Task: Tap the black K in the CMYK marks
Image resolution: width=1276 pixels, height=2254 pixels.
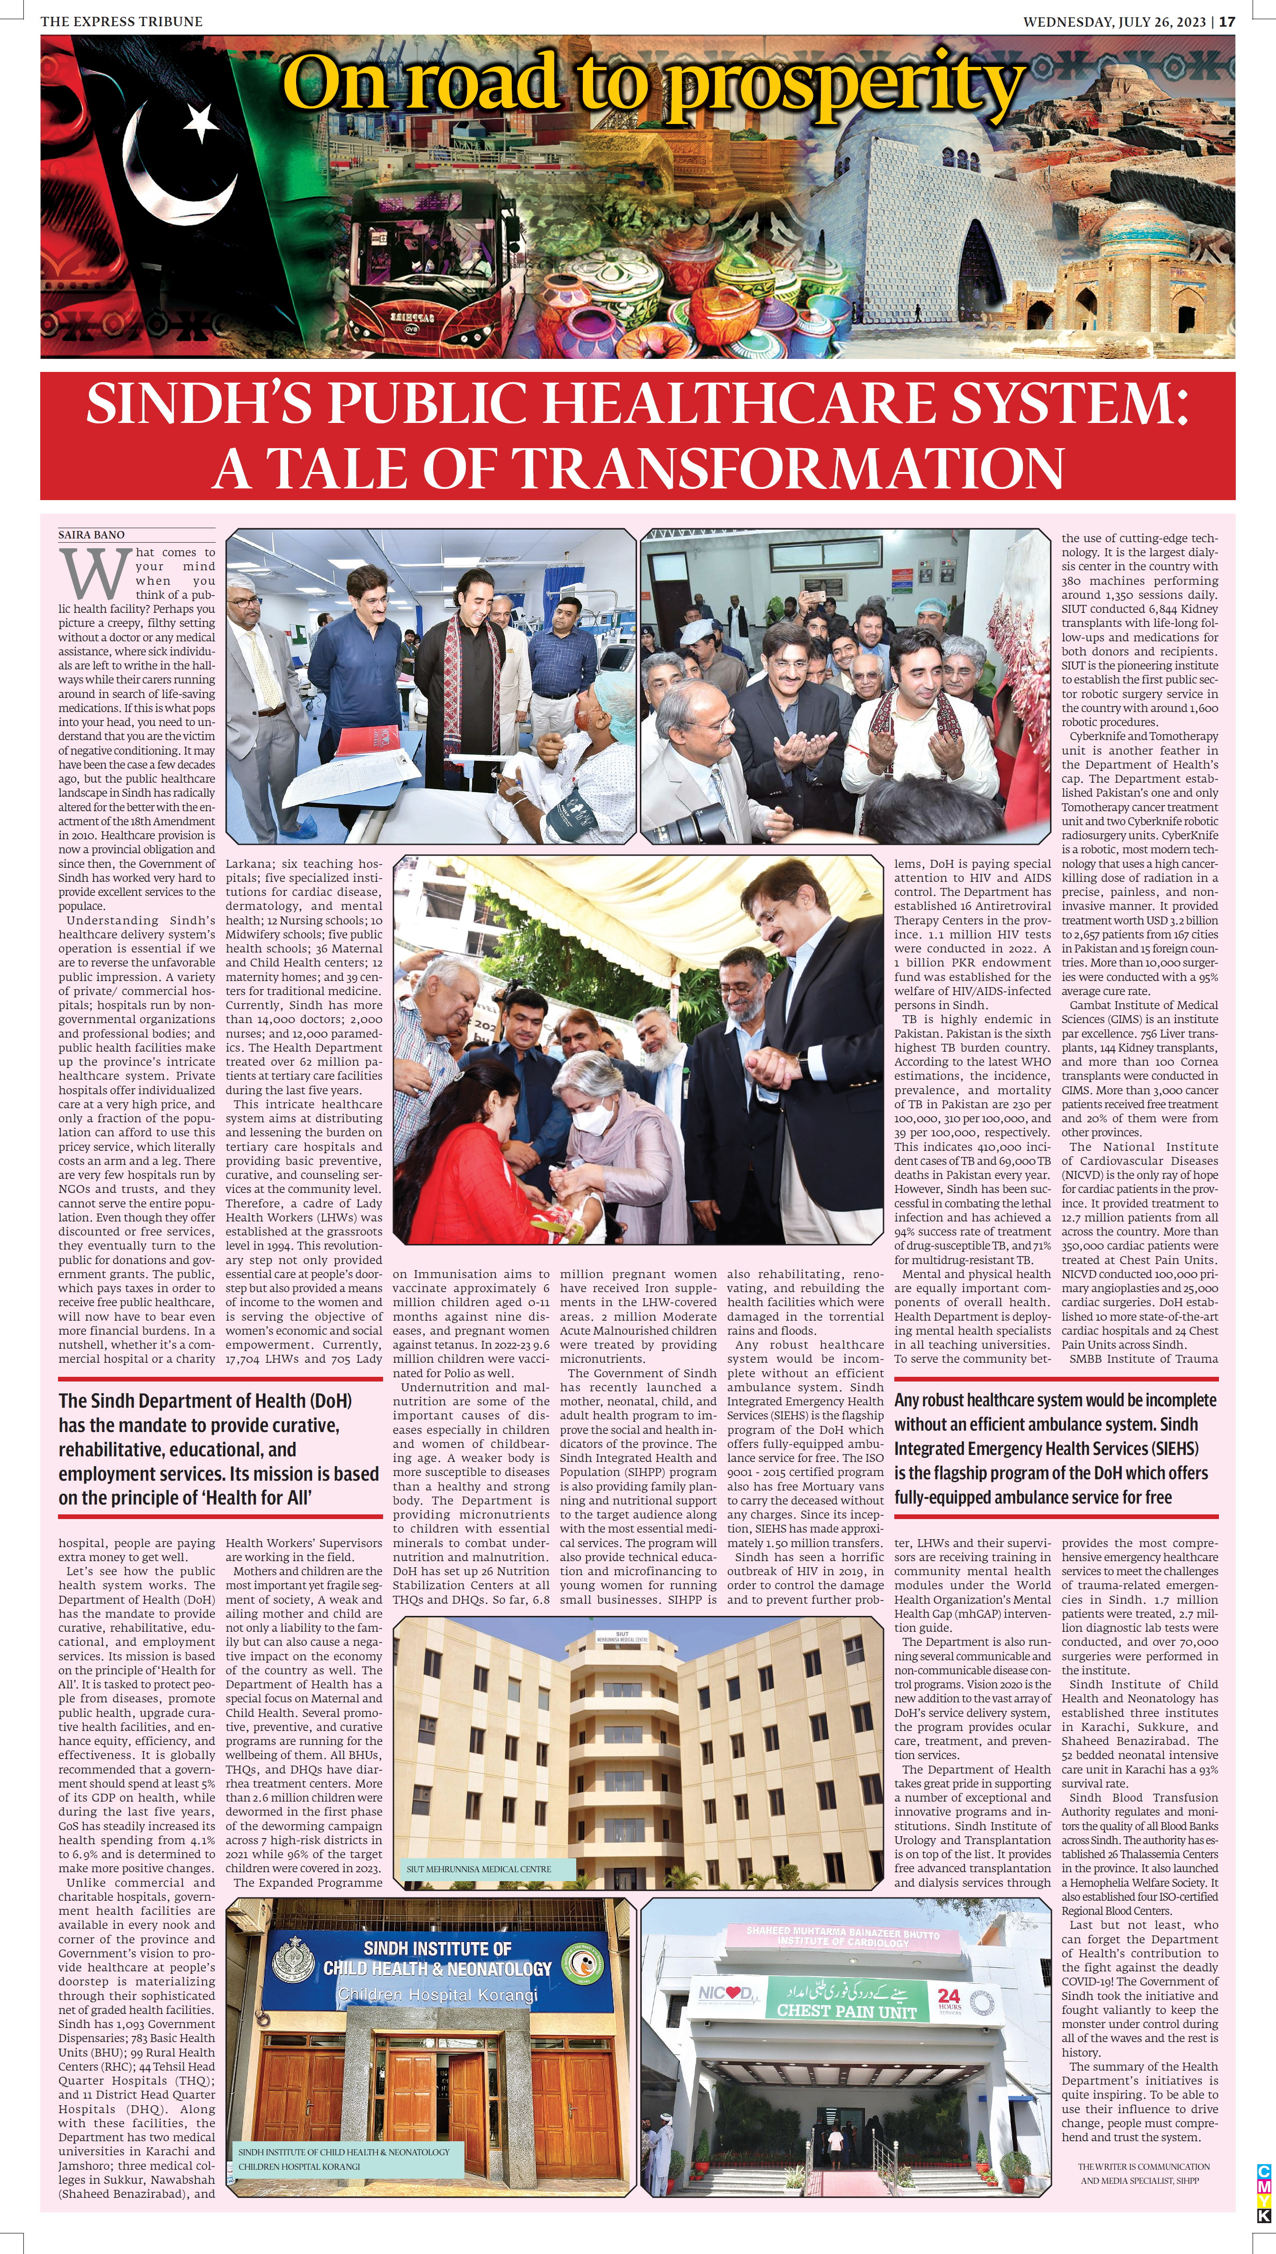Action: click(x=1263, y=2216)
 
